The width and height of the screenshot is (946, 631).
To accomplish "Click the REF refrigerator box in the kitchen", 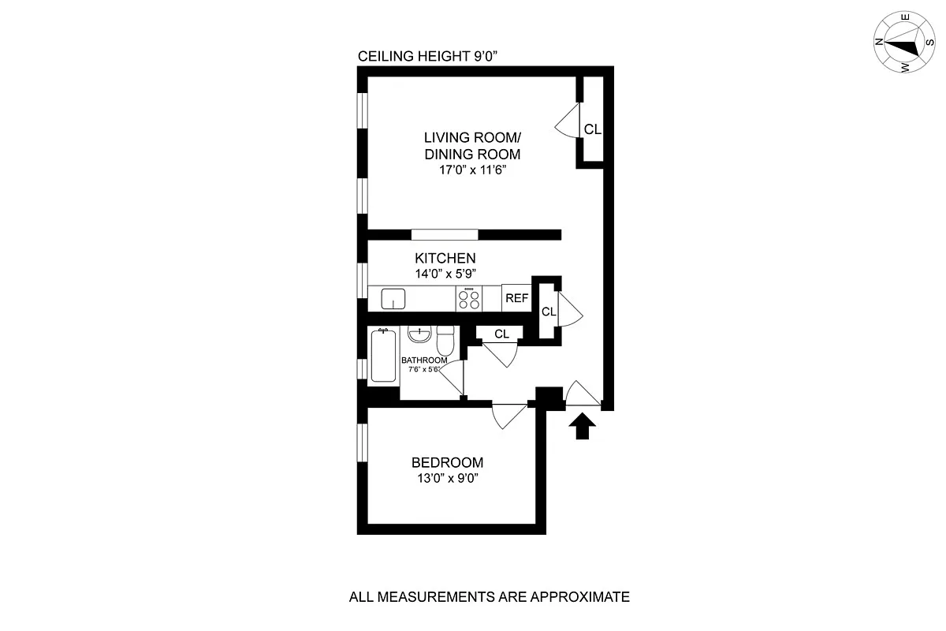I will pos(516,298).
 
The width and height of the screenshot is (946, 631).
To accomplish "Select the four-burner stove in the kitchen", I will pos(469,298).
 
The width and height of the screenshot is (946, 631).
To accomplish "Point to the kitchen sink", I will pos(393,299).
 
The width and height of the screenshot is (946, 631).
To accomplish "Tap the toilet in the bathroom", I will pos(445,342).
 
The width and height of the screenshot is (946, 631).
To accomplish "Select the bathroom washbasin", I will pos(419,337).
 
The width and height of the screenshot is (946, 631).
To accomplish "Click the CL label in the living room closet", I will pos(592,129).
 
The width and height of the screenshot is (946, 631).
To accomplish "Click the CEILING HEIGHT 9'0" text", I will pos(428,56).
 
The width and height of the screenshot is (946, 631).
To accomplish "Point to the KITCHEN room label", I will pos(445,258).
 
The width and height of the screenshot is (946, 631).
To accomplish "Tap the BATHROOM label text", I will pos(424,360).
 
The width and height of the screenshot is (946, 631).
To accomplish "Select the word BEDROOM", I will pos(447,463).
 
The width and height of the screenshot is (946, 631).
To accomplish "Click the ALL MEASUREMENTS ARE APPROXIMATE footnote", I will pos(489,597).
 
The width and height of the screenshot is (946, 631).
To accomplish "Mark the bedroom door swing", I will pos(506,414).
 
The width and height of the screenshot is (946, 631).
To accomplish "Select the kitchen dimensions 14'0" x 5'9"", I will pos(445,274).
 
